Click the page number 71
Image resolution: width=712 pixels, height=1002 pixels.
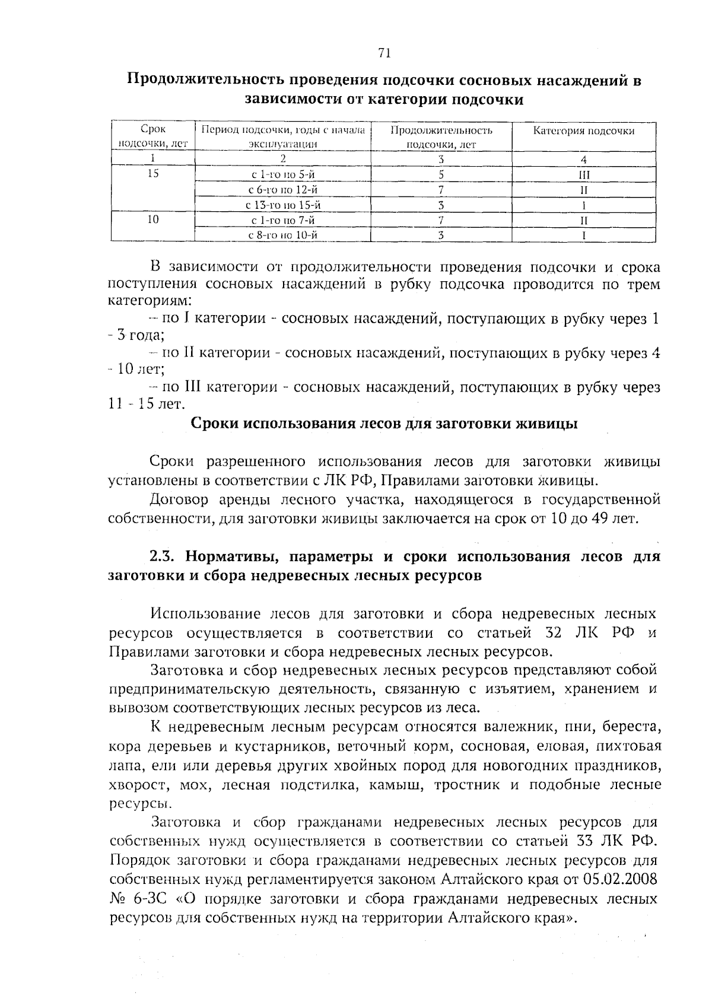click(x=383, y=53)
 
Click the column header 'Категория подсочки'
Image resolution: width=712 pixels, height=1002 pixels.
click(x=583, y=131)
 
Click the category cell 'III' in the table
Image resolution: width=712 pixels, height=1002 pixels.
click(x=584, y=175)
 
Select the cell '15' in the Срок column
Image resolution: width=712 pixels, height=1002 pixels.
click(x=153, y=174)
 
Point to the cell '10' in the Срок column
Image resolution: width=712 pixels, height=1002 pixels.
click(x=153, y=220)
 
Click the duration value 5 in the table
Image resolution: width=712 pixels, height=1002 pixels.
click(x=441, y=175)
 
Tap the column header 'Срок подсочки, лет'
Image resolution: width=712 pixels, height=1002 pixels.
click(x=153, y=136)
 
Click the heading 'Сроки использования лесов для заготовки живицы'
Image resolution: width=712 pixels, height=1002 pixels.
click(x=383, y=424)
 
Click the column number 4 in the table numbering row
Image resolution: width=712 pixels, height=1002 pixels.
click(x=584, y=160)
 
